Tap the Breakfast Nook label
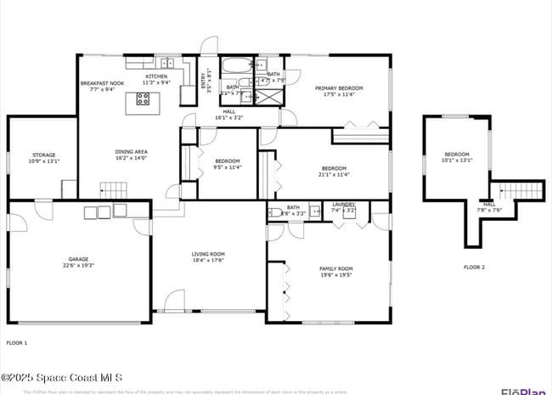tap(102, 83)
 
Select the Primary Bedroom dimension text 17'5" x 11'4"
tap(339, 94)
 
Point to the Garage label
tap(78, 259)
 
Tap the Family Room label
tap(335, 268)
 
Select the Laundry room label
tap(344, 204)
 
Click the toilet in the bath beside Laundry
tap(275, 213)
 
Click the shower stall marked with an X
tap(271, 95)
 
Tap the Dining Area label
tap(132, 152)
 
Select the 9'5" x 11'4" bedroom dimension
tap(227, 167)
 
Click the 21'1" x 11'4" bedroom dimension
tap(335, 174)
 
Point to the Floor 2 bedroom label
tap(457, 154)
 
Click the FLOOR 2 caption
tap(474, 268)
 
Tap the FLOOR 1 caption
tap(17, 342)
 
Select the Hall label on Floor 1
tap(229, 111)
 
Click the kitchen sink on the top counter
tap(167, 63)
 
